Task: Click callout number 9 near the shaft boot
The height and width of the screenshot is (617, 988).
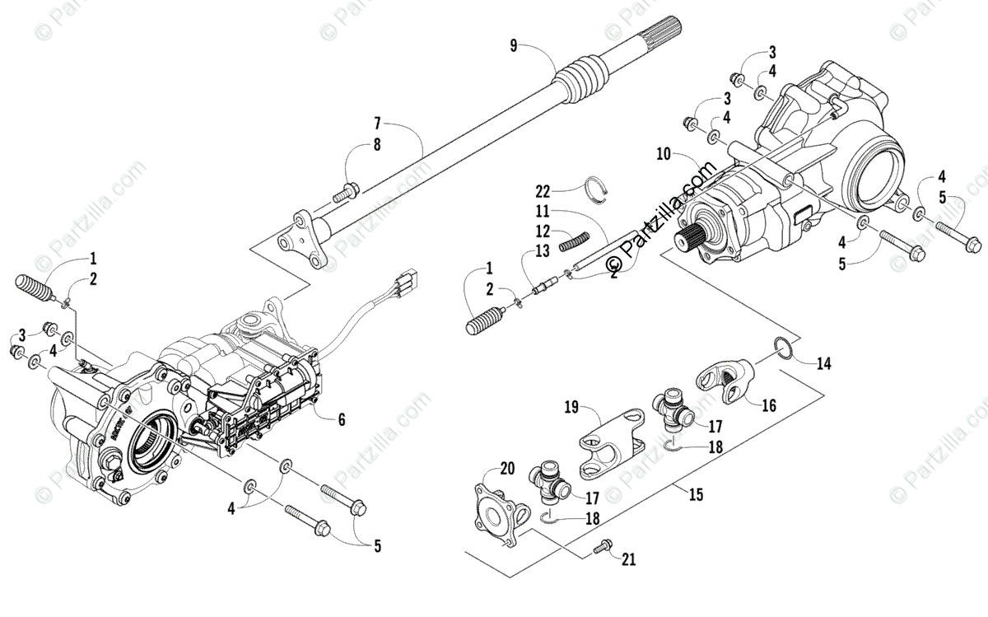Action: click(x=514, y=45)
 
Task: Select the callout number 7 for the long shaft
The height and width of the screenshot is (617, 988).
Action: click(x=376, y=124)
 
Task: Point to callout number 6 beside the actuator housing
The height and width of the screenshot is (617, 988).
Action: click(x=341, y=418)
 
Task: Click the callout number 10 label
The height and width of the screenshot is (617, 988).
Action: click(x=664, y=154)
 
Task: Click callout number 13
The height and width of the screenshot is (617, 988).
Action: click(x=541, y=250)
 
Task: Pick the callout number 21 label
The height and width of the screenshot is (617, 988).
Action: click(x=629, y=561)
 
